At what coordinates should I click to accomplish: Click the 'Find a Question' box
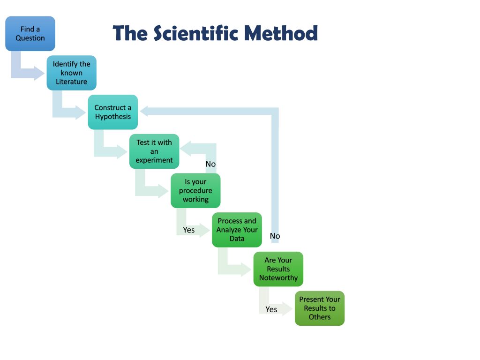pos(30,34)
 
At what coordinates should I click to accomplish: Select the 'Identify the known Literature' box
pos(71,73)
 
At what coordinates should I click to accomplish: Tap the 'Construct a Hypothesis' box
pos(112,112)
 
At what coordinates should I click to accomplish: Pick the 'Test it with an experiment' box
pos(154,151)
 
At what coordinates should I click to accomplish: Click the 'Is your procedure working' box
pos(195,190)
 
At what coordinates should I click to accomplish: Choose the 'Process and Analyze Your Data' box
pos(237,230)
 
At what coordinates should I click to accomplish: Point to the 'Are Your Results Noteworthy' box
pos(278,269)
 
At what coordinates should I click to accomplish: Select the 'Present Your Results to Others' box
pos(320,308)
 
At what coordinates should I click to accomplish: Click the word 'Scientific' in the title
pos(196,33)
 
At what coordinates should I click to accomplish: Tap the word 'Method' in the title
pos(281,33)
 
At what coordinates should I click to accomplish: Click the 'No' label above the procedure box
pos(210,164)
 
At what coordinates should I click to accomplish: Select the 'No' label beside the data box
pos(275,236)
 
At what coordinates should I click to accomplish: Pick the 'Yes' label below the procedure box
pos(188,230)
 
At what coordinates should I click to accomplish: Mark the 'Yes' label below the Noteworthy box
pos(271,309)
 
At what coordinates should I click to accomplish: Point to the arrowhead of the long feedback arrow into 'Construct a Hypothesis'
pos(145,111)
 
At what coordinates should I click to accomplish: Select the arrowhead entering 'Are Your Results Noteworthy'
pos(247,270)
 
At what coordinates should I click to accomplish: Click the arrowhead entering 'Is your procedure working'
pos(164,191)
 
